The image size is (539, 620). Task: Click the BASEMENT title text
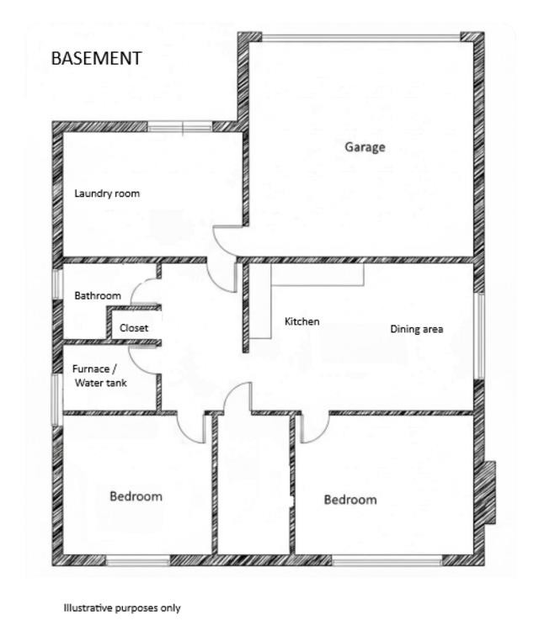pos(96,59)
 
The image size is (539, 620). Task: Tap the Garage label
pos(365,147)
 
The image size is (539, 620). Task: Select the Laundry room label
pos(107,193)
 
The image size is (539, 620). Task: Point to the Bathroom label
pos(98,296)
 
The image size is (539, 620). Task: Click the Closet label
pos(134,328)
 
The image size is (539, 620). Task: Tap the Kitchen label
pos(302,321)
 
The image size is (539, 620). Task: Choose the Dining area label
pos(416,329)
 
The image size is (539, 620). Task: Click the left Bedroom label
pos(136,496)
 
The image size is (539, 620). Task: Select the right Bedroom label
pos(350,500)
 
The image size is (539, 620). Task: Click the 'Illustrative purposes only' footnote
pos(122,607)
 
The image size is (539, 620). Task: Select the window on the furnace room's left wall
pos(57,393)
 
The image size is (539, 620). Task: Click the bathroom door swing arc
pos(145,292)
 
